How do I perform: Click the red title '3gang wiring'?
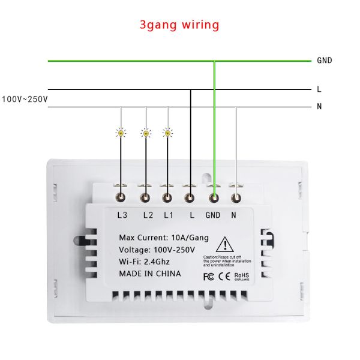[x=179, y=25]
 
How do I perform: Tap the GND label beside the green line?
[x=324, y=61]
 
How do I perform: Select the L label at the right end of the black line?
[x=319, y=89]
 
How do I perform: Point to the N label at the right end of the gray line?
[x=320, y=107]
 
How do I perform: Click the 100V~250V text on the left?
[x=25, y=99]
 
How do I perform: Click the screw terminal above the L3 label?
[x=122, y=196]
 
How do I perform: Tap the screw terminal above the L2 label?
[x=145, y=196]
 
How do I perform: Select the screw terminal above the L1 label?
[x=168, y=196]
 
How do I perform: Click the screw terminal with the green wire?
[x=214, y=196]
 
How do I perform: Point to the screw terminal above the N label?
[x=236, y=196]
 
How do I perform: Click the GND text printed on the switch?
[x=214, y=215]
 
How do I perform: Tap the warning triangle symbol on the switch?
[x=224, y=245]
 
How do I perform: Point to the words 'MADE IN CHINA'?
[x=150, y=274]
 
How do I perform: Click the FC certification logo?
[x=209, y=277]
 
